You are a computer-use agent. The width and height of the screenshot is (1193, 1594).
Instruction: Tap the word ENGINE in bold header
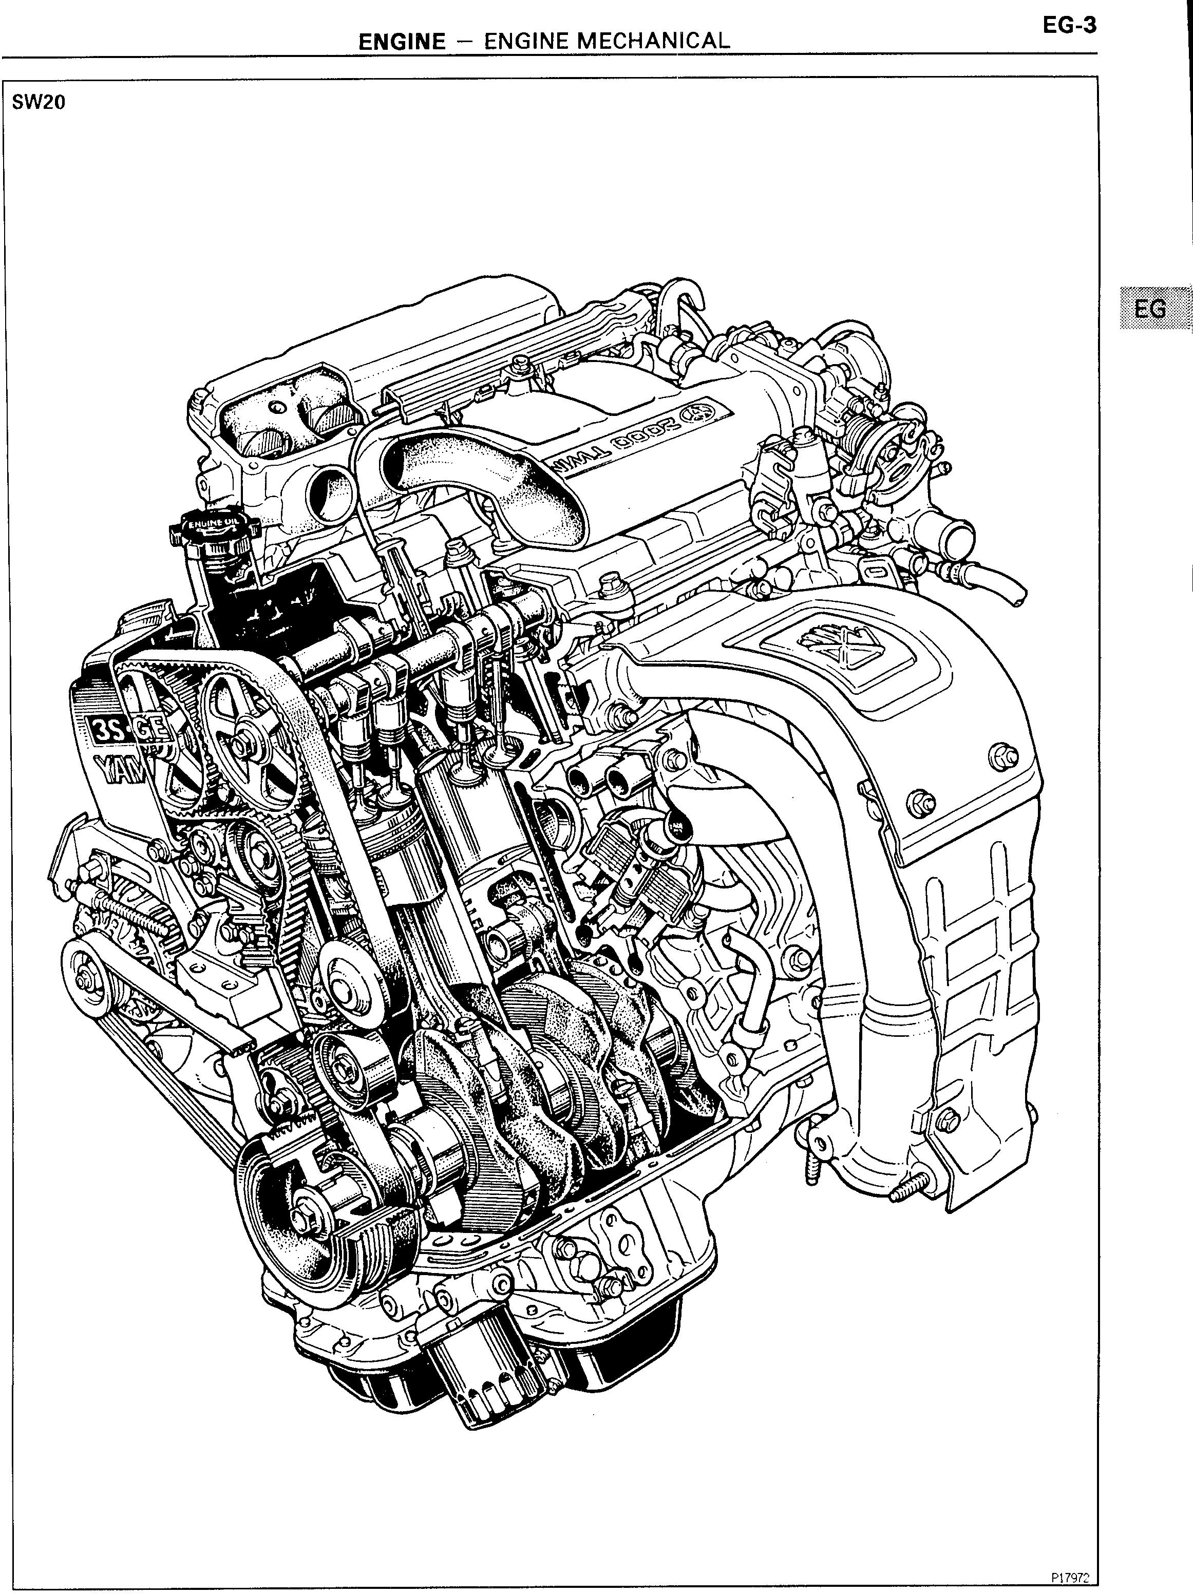coord(402,41)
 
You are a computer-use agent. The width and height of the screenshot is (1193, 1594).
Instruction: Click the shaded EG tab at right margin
coord(1150,309)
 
